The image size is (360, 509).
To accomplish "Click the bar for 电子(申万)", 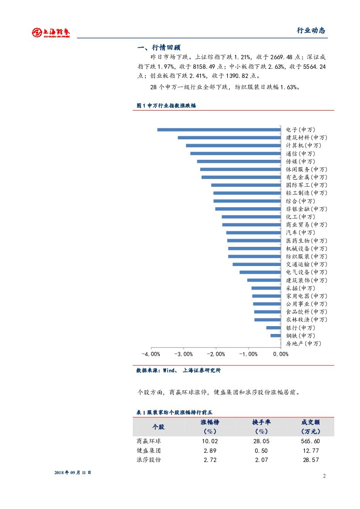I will pyautogui.click(x=219, y=129).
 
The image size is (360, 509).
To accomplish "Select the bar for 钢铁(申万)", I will pyautogui.click(x=276, y=335).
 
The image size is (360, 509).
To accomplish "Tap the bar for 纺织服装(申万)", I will pyautogui.click(x=254, y=256).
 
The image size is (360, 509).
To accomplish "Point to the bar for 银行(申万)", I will pyautogui.click(x=273, y=327).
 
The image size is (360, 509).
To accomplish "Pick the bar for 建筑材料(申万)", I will pyautogui.click(x=229, y=138).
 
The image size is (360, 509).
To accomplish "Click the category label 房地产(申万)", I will pyautogui.click(x=303, y=344).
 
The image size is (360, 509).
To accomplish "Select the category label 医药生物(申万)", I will pyautogui.click(x=306, y=241).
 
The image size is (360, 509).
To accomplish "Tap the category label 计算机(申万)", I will pyautogui.click(x=303, y=145).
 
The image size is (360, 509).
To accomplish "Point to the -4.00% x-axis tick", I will pyautogui.click(x=151, y=354).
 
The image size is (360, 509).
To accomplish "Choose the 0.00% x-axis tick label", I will pyautogui.click(x=281, y=354).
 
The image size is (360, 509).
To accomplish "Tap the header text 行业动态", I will pyautogui.click(x=311, y=30).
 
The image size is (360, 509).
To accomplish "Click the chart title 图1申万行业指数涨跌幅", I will pyautogui.click(x=166, y=105).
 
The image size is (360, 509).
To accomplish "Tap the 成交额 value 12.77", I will pyautogui.click(x=311, y=451).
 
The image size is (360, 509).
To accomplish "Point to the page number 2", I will pyautogui.click(x=324, y=476).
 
